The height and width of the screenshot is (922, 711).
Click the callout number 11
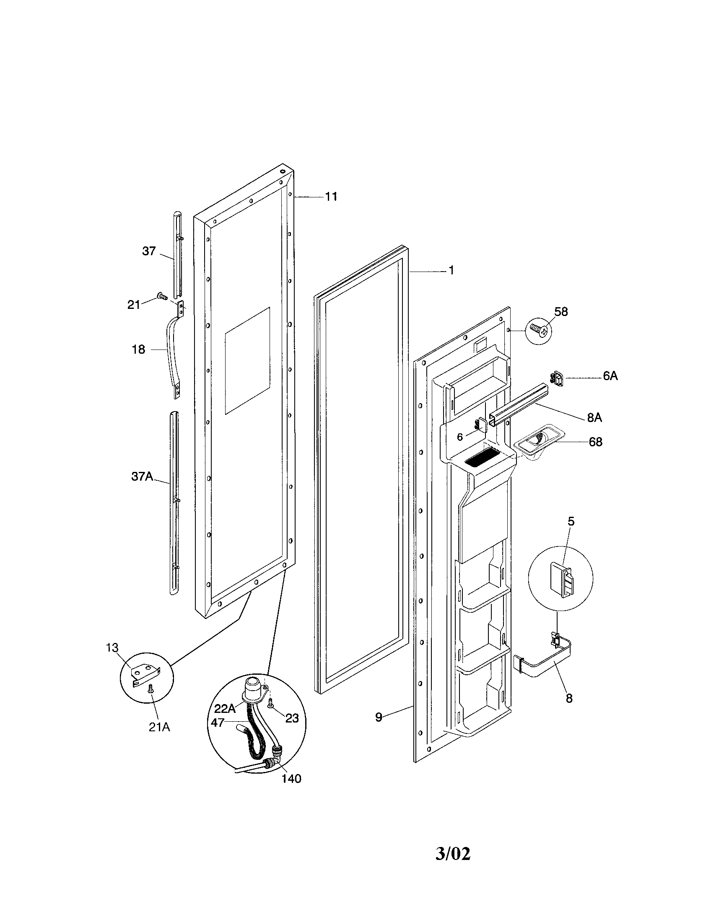pyautogui.click(x=331, y=197)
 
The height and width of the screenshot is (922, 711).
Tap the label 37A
pyautogui.click(x=141, y=477)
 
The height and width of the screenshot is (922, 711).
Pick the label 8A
pyautogui.click(x=594, y=417)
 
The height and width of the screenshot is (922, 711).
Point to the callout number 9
pyautogui.click(x=379, y=717)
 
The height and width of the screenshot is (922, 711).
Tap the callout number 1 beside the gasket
pyautogui.click(x=451, y=270)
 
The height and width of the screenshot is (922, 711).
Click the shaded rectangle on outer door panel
pyautogui.click(x=247, y=360)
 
